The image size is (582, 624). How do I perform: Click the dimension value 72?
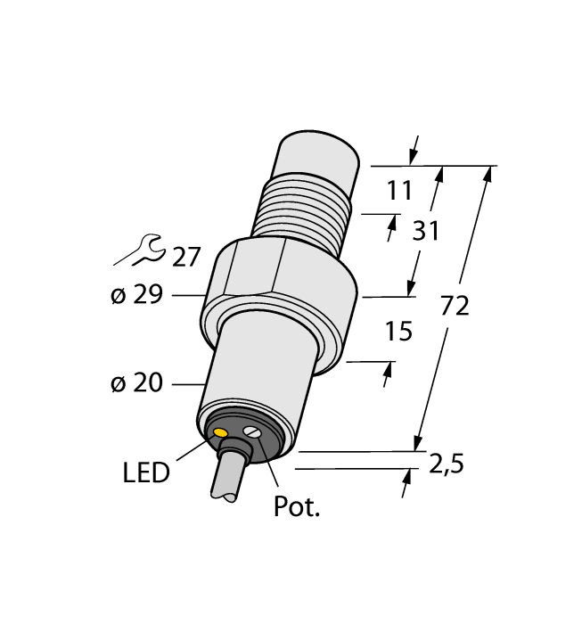(455, 307)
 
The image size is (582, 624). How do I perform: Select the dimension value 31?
(426, 232)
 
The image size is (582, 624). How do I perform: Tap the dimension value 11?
(401, 191)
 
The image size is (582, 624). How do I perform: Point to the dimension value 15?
(399, 333)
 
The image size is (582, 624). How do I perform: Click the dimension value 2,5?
(447, 464)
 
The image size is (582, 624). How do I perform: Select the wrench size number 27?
(186, 257)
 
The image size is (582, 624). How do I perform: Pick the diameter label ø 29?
(136, 295)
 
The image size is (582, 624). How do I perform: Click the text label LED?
(145, 472)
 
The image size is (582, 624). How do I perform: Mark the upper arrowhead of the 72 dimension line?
(488, 174)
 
